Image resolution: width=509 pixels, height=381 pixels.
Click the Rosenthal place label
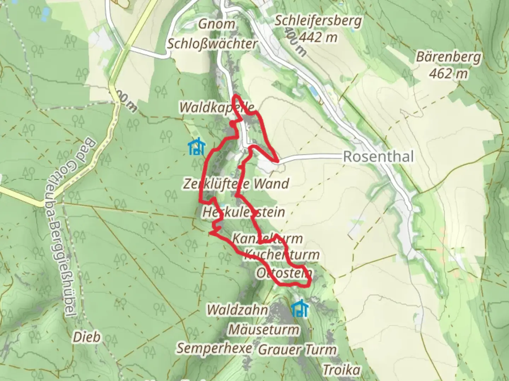[x=378, y=157]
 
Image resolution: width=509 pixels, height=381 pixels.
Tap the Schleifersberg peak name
[x=318, y=21]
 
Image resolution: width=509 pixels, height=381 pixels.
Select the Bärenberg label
[x=449, y=57]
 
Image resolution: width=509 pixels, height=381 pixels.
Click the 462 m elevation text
[x=449, y=73]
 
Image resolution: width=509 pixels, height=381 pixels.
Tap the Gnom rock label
[x=217, y=24]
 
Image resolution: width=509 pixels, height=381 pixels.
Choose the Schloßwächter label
[x=212, y=44]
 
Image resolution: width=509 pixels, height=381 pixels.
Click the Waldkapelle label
[x=217, y=108]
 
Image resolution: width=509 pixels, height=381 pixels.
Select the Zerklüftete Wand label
[x=236, y=184]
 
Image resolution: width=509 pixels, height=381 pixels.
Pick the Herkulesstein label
[x=244, y=212]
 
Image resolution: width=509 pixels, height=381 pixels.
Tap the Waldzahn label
[x=237, y=310]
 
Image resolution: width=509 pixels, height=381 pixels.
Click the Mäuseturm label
[x=264, y=330]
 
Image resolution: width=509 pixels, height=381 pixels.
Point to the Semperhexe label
[x=214, y=348]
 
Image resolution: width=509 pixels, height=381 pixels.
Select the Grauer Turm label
[x=297, y=350]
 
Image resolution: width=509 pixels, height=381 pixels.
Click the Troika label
[x=341, y=370]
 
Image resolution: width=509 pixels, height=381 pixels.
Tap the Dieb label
[x=87, y=337]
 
